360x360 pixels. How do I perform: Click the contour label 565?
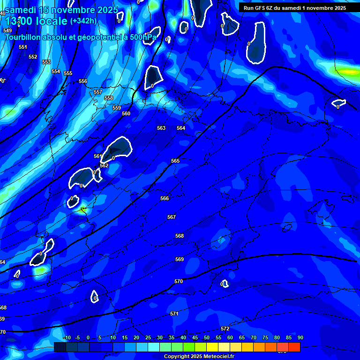(x=175, y=161)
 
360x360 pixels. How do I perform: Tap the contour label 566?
(x=165, y=198)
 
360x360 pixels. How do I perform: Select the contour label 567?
(x=172, y=217)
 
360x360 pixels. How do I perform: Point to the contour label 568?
(x=180, y=236)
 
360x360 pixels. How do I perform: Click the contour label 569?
(x=180, y=259)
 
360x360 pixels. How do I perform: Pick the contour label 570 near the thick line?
(x=178, y=281)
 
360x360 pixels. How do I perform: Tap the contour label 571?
(x=174, y=314)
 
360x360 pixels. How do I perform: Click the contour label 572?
(x=225, y=329)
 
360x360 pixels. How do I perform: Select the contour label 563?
(x=161, y=128)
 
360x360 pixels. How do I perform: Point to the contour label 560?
(x=126, y=113)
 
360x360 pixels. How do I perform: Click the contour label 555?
(x=68, y=73)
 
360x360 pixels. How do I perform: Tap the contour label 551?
(x=23, y=47)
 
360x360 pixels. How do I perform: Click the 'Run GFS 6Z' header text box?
(x=295, y=8)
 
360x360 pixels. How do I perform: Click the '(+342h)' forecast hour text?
(x=83, y=21)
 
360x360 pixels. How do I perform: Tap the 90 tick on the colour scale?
(x=300, y=337)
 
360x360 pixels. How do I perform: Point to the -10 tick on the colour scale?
(x=67, y=337)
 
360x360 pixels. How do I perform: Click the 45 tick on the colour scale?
(x=195, y=337)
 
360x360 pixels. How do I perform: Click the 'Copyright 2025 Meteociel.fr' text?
(x=199, y=356)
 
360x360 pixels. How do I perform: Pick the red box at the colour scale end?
(x=294, y=347)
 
